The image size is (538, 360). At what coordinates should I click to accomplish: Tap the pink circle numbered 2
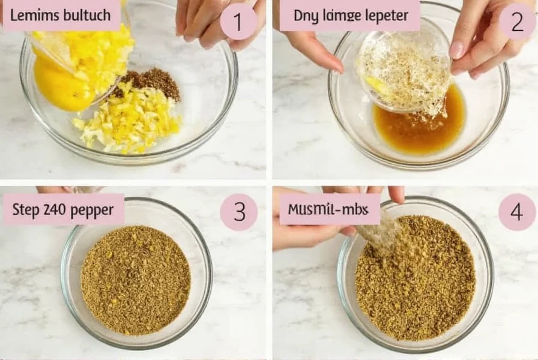(x=517, y=22)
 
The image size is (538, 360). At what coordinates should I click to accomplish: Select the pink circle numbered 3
(x=238, y=212)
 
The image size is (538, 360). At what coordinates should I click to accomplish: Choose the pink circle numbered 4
(x=517, y=212)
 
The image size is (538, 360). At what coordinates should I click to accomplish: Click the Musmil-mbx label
(x=330, y=209)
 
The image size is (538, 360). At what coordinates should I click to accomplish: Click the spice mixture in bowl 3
(x=136, y=280)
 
